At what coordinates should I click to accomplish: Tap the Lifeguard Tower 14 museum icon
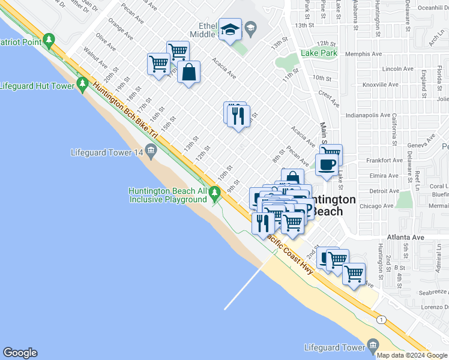151,152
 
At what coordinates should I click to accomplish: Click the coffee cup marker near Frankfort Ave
327,164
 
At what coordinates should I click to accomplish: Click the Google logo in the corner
20,353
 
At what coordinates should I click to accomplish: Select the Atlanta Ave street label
405,238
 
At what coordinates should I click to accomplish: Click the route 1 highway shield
380,320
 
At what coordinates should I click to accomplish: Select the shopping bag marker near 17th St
188,73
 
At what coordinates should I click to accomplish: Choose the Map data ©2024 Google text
412,355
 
